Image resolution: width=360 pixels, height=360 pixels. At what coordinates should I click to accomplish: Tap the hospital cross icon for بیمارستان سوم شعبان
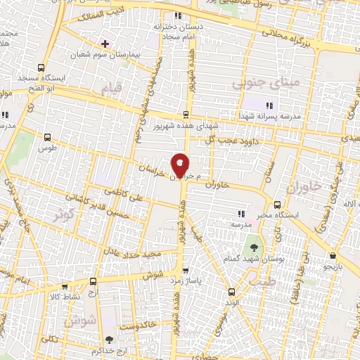coord(105,44)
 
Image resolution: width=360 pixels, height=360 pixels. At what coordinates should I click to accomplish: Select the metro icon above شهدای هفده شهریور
coord(186,114)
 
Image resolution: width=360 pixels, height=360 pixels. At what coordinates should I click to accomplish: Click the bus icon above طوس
coord(47,138)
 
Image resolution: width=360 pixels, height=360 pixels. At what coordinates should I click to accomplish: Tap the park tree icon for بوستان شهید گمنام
coord(252,248)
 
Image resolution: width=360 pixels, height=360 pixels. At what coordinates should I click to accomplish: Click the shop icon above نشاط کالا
coord(65,287)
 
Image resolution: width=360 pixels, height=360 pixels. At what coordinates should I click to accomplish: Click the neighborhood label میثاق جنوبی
coord(255,84)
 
